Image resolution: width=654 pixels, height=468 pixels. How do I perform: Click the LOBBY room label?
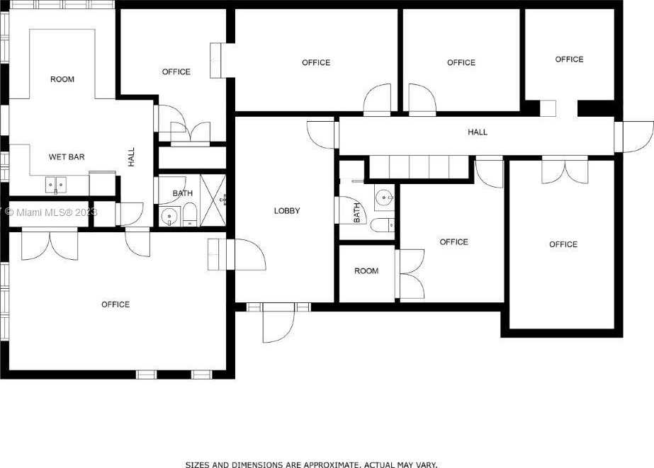[x=287, y=211]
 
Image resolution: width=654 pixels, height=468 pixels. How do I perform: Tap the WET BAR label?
[x=67, y=157]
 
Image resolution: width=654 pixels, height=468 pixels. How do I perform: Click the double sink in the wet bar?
[x=56, y=185]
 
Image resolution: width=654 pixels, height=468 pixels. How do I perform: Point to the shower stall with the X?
[x=213, y=200]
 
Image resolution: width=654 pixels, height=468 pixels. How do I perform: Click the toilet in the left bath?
[x=189, y=215]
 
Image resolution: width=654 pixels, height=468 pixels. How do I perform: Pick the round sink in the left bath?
[x=169, y=216]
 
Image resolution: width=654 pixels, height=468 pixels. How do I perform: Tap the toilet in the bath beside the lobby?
[x=382, y=225]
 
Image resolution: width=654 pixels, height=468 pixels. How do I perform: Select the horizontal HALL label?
[x=478, y=132]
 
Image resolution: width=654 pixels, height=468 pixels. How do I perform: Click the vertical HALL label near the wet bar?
[x=131, y=157]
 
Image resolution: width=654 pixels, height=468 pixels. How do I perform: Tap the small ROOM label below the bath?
[x=366, y=271]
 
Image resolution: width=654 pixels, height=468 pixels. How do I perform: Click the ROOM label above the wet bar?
[x=62, y=79]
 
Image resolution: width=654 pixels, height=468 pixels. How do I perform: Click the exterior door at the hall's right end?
[x=634, y=137]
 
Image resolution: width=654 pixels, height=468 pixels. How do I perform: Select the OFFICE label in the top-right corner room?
[x=570, y=59]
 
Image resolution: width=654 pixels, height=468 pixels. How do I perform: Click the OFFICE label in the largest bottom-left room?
[x=115, y=304]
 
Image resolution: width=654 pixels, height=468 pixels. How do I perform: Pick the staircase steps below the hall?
[x=419, y=167]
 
